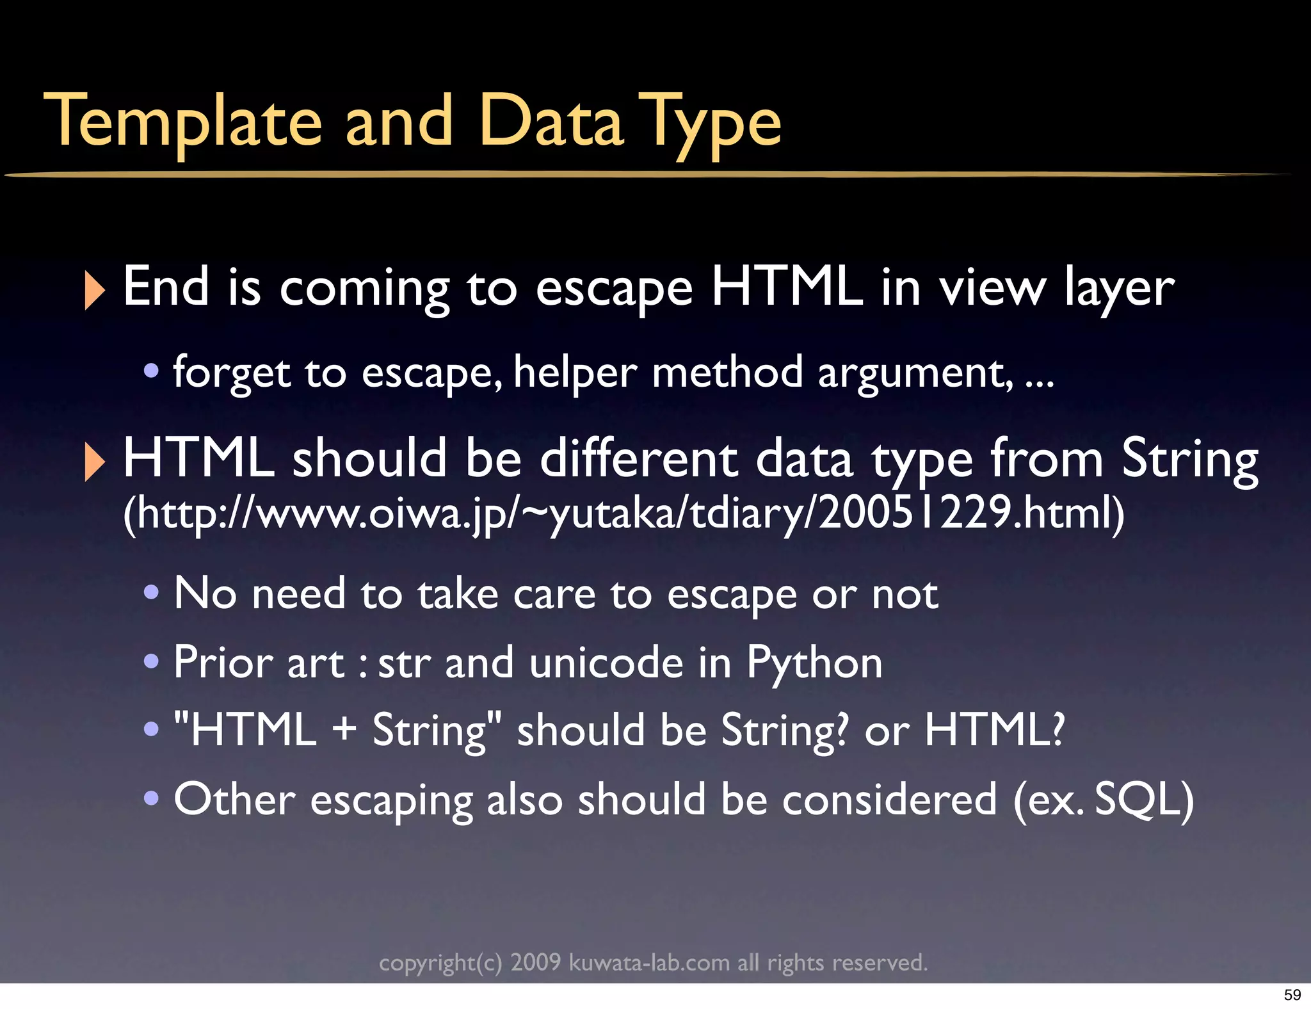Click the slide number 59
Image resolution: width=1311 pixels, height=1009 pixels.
[x=1292, y=994]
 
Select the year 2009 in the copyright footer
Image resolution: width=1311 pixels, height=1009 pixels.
[x=535, y=962]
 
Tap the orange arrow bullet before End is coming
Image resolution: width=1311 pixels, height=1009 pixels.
[x=94, y=290]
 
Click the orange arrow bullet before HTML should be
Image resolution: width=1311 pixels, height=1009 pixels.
[x=94, y=462]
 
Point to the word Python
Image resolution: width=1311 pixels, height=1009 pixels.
[x=814, y=664]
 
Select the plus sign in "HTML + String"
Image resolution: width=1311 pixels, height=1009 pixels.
[x=344, y=730]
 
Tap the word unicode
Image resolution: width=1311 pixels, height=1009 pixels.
[x=606, y=663]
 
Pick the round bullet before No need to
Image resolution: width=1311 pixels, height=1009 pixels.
[x=151, y=592]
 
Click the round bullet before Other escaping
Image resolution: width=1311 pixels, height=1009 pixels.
[x=151, y=798]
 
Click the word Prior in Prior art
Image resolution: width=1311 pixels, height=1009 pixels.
[x=223, y=663]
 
